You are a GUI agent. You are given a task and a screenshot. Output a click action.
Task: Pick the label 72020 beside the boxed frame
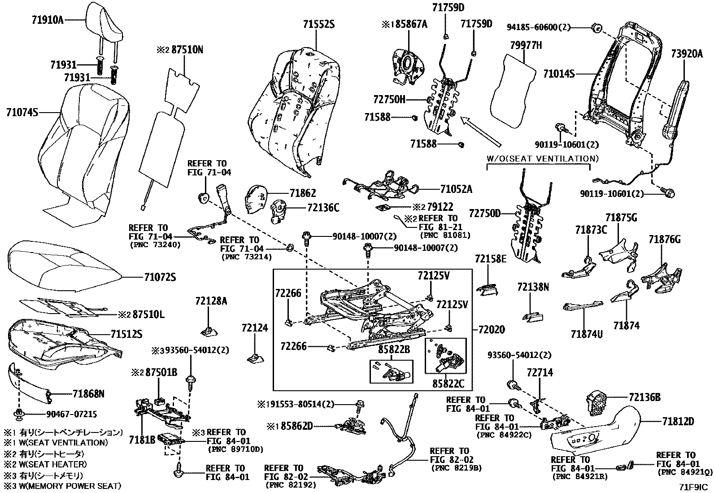[x=491, y=330]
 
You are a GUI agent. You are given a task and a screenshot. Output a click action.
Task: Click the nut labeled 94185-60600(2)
[x=596, y=28]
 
